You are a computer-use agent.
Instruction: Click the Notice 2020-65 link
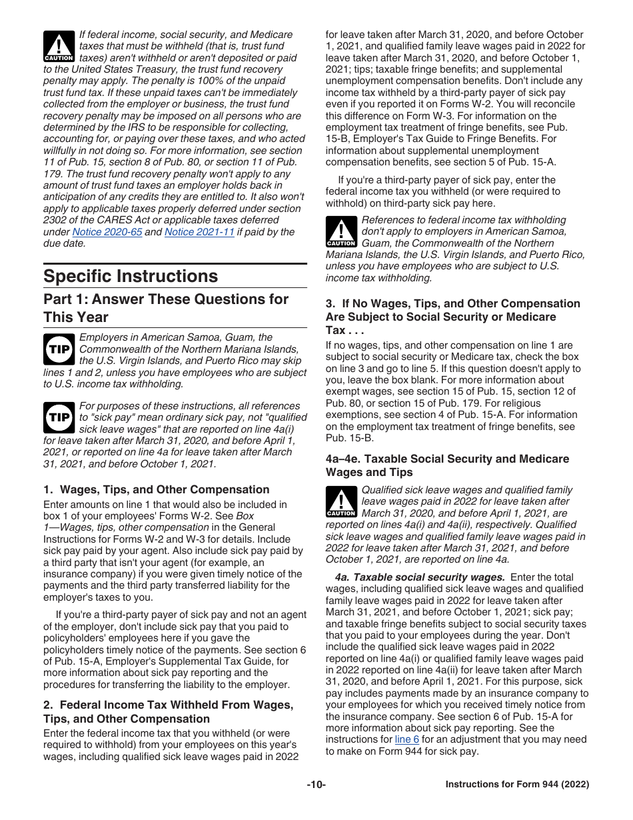pyautogui.click(x=107, y=232)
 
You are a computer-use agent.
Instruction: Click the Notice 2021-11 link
pyautogui.click(x=199, y=232)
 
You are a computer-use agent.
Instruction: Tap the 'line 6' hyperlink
pyautogui.click(x=406, y=739)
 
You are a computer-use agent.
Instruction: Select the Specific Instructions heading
pyautogui.click(x=131, y=276)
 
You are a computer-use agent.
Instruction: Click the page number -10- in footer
pyautogui.click(x=316, y=785)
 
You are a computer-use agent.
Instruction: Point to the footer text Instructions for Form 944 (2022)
pyautogui.click(x=517, y=785)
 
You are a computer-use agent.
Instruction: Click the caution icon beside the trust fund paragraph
pyautogui.click(x=59, y=46)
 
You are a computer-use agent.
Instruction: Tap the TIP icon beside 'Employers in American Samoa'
pyautogui.click(x=59, y=349)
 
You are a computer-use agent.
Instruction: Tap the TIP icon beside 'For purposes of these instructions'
pyautogui.click(x=59, y=417)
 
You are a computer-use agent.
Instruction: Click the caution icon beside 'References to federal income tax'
pyautogui.click(x=341, y=231)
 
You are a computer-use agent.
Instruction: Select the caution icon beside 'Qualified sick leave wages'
pyautogui.click(x=341, y=501)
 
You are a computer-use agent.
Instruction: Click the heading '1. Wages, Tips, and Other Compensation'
pyautogui.click(x=156, y=489)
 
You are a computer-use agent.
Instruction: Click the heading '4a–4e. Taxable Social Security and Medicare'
pyautogui.click(x=447, y=465)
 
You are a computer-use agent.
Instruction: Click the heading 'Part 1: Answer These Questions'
pyautogui.click(x=166, y=307)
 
